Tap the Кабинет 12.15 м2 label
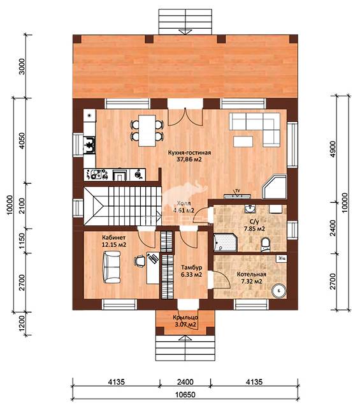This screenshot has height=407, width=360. pyautogui.click(x=114, y=241)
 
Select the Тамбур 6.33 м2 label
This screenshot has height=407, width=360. pyautogui.click(x=192, y=270)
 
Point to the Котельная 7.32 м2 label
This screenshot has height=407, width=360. pyautogui.click(x=252, y=277)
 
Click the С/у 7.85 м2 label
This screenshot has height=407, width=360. pyautogui.click(x=254, y=225)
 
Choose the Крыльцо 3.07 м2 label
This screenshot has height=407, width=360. pyautogui.click(x=185, y=321)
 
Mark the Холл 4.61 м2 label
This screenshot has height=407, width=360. pyautogui.click(x=184, y=207)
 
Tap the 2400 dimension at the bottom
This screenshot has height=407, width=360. pyautogui.click(x=185, y=382)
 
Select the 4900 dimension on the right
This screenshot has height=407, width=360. pyautogui.click(x=333, y=149)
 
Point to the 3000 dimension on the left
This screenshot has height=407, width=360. pyautogui.click(x=22, y=66)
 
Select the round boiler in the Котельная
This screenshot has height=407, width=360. pyautogui.click(x=279, y=291)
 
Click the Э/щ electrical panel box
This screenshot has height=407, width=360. pyautogui.click(x=281, y=258)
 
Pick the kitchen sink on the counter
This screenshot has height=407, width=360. pyautogui.click(x=89, y=145)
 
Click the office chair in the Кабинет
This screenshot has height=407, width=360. pyautogui.click(x=140, y=261)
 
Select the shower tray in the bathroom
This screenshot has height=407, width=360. pyautogui.click(x=226, y=242)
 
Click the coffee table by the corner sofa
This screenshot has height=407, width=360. pyautogui.click(x=243, y=142)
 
